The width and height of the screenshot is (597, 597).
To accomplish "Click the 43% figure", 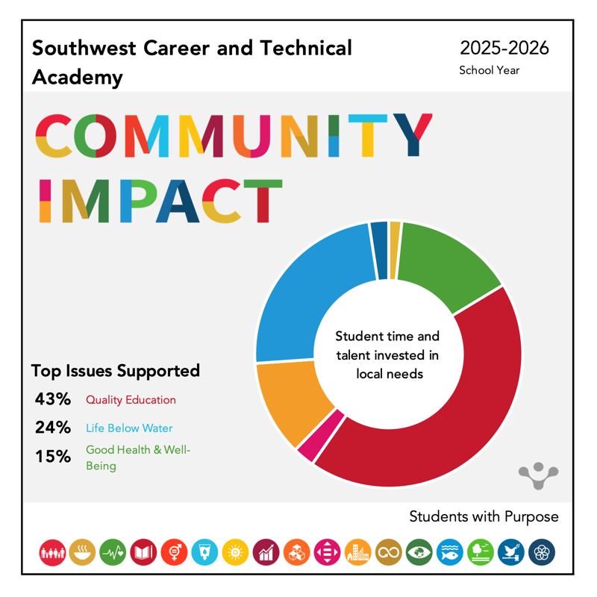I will (52, 399).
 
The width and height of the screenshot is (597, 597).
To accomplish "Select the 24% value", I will (52, 428).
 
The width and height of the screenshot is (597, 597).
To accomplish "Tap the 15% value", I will (52, 456).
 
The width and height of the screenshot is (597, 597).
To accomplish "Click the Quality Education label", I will (131, 400).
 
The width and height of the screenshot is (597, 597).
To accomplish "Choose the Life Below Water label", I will (129, 428).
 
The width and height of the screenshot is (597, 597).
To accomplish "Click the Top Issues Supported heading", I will (116, 371).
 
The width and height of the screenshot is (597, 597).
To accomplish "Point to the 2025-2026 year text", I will (504, 49).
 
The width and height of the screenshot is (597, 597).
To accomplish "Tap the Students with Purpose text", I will (484, 516).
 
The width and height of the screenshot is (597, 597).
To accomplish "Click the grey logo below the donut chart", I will (538, 475).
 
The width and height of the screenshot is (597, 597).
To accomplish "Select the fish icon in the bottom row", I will (450, 552).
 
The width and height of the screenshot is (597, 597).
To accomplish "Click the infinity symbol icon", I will (389, 552).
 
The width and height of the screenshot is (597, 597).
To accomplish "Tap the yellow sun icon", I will (236, 552).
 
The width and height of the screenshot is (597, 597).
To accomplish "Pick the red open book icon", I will (143, 552).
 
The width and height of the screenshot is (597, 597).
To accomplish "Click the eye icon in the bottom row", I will (419, 552).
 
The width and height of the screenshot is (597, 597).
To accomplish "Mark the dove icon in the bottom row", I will (511, 552).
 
